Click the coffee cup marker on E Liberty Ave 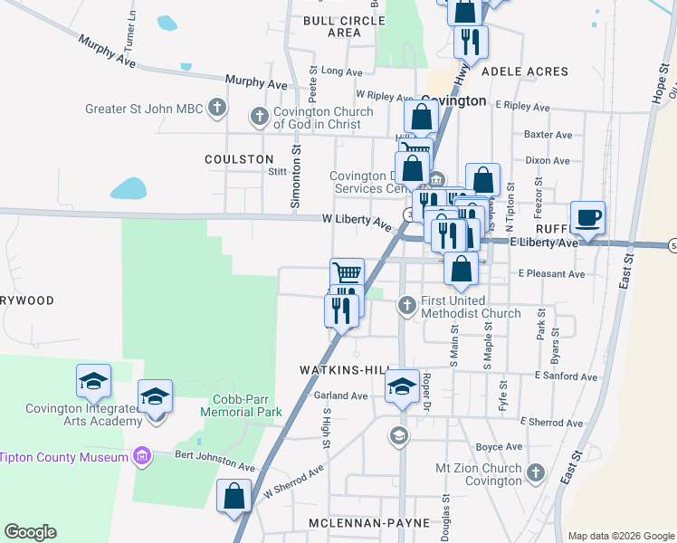(x=587, y=218)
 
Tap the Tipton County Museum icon (x=140, y=455)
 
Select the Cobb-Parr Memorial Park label (x=247, y=405)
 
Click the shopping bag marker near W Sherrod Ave (x=234, y=496)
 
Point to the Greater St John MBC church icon (x=216, y=109)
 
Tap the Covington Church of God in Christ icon (x=260, y=115)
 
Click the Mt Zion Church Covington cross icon (x=535, y=472)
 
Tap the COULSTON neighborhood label (x=239, y=158)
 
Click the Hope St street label (x=659, y=80)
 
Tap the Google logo (x=31, y=531)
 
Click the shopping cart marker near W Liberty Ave (x=347, y=272)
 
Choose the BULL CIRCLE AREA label (x=331, y=25)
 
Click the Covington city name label (x=453, y=101)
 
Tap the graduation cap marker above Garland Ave (x=402, y=386)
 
